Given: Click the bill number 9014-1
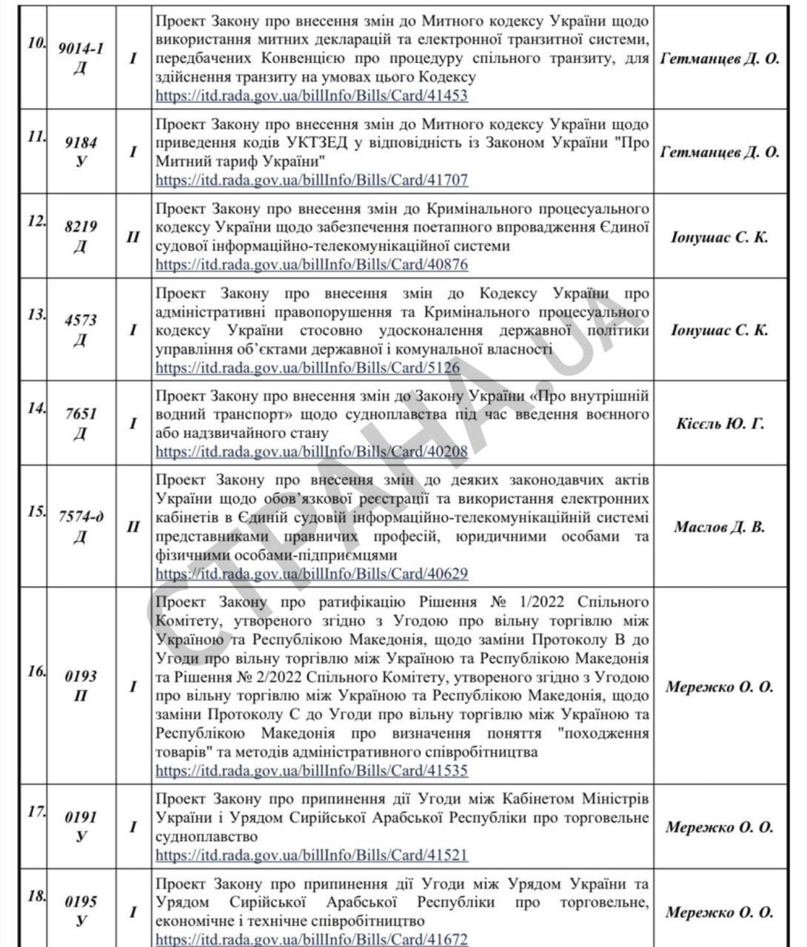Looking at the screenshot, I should pos(81,49).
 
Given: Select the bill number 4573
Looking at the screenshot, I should pos(81,320).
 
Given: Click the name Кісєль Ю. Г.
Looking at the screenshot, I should pos(720,424).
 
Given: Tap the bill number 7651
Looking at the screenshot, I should pos(81,414).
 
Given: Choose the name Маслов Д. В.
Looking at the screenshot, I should pos(720,528).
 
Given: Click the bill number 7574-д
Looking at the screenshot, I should pos(81,517).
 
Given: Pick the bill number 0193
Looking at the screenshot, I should pos(81,676).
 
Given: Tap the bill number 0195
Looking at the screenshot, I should pos(81,902).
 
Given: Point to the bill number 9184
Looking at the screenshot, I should pos(81,143).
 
